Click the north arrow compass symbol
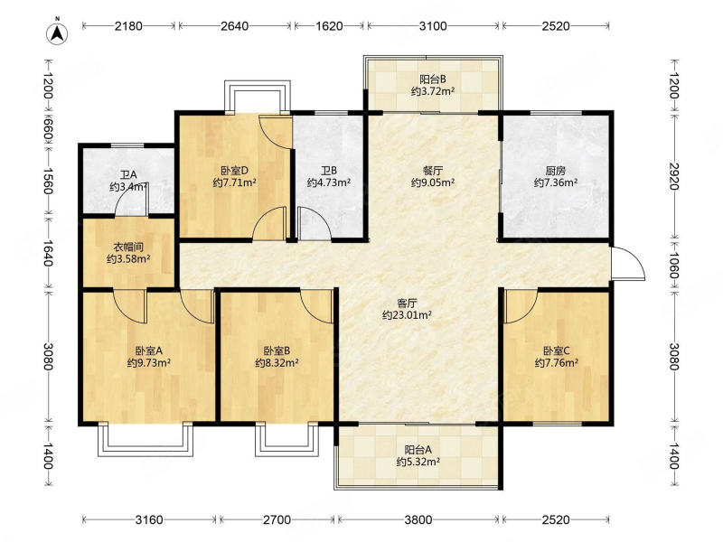(x=57, y=33)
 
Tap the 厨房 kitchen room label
(x=556, y=171)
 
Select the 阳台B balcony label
(x=433, y=79)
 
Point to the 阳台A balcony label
(x=418, y=449)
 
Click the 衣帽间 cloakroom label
(x=128, y=247)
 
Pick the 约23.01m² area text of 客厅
(x=408, y=315)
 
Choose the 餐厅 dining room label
(x=433, y=171)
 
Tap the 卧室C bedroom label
(x=557, y=350)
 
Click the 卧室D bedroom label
(x=235, y=171)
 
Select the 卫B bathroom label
(x=329, y=171)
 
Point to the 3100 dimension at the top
(x=433, y=26)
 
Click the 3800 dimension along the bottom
(x=418, y=520)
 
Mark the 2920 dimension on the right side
(x=673, y=176)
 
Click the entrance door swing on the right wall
(x=628, y=263)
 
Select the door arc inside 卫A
(x=131, y=201)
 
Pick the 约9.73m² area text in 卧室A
(x=149, y=363)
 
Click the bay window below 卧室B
(x=287, y=439)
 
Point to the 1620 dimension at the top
(x=329, y=26)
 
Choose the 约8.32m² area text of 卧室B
(x=277, y=363)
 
